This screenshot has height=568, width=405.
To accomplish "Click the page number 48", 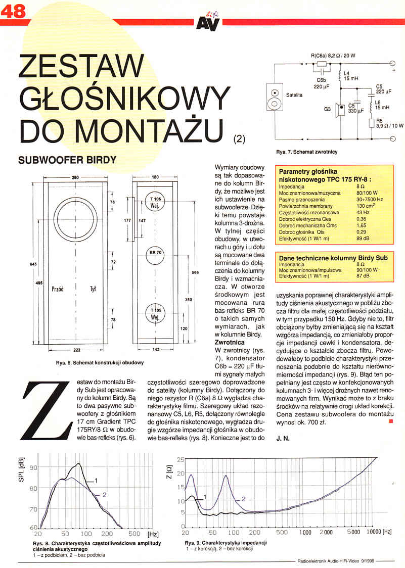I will click(x=14, y=12).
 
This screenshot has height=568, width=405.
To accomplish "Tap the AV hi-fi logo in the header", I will click(x=207, y=22).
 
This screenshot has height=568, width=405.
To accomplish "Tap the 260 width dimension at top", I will click(x=75, y=177).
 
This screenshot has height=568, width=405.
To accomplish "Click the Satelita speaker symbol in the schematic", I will click(x=275, y=99).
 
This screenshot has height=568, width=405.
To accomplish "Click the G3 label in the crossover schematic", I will click(x=327, y=109).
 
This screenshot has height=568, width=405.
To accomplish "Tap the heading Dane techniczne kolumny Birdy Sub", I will click(x=333, y=258).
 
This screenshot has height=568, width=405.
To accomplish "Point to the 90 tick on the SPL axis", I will click(x=33, y=468).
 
